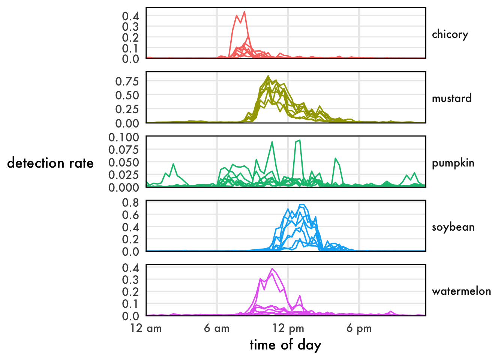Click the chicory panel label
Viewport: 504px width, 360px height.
(x=450, y=34)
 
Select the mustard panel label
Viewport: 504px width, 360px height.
(x=451, y=98)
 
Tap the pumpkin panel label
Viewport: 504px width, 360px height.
(x=453, y=163)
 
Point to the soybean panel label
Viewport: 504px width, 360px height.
(x=453, y=227)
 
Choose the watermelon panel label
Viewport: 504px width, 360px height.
(x=461, y=291)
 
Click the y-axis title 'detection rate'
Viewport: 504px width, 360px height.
(x=50, y=163)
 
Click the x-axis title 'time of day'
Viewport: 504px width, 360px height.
(x=285, y=345)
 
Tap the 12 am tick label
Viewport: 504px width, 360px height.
(x=146, y=328)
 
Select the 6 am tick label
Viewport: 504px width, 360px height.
(x=217, y=328)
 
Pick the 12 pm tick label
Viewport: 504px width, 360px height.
(x=288, y=328)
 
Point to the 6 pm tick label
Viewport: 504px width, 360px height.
(x=359, y=328)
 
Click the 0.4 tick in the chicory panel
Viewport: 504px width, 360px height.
(x=130, y=16)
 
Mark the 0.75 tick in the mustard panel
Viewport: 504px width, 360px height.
(x=127, y=81)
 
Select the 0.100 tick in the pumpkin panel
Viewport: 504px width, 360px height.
(x=124, y=137)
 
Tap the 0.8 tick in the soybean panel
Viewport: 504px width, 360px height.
(x=130, y=202)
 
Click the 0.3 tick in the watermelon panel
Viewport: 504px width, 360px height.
(x=130, y=280)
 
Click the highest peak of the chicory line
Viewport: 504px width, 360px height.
(x=244, y=12)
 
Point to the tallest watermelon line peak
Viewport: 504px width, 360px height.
(x=272, y=268)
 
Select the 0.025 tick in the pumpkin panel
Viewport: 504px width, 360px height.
(x=124, y=175)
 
